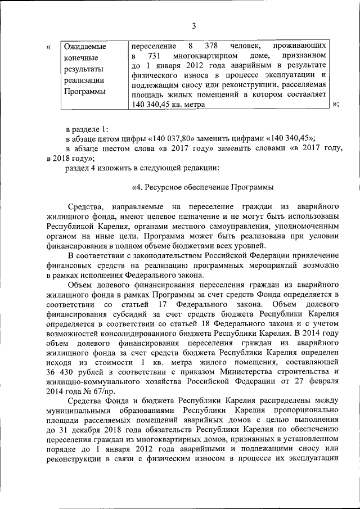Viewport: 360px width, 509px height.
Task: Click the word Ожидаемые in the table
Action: (85, 46)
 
